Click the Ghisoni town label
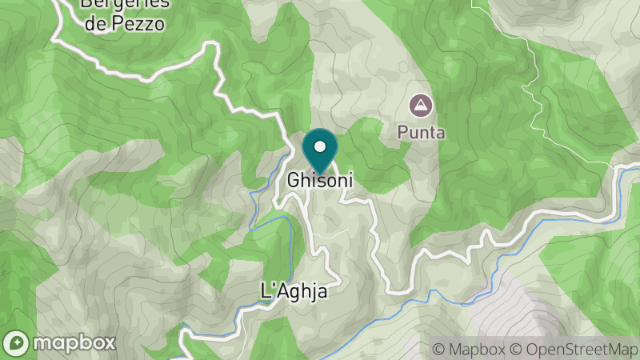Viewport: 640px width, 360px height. click(320, 181)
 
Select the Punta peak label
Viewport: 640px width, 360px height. click(421, 133)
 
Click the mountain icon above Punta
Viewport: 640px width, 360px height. click(419, 105)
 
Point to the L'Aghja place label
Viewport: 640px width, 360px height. click(295, 292)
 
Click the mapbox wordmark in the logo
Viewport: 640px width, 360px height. click(74, 342)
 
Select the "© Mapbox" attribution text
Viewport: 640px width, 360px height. click(468, 350)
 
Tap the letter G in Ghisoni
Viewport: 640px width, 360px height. click(293, 181)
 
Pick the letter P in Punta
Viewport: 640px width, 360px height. click(403, 133)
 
